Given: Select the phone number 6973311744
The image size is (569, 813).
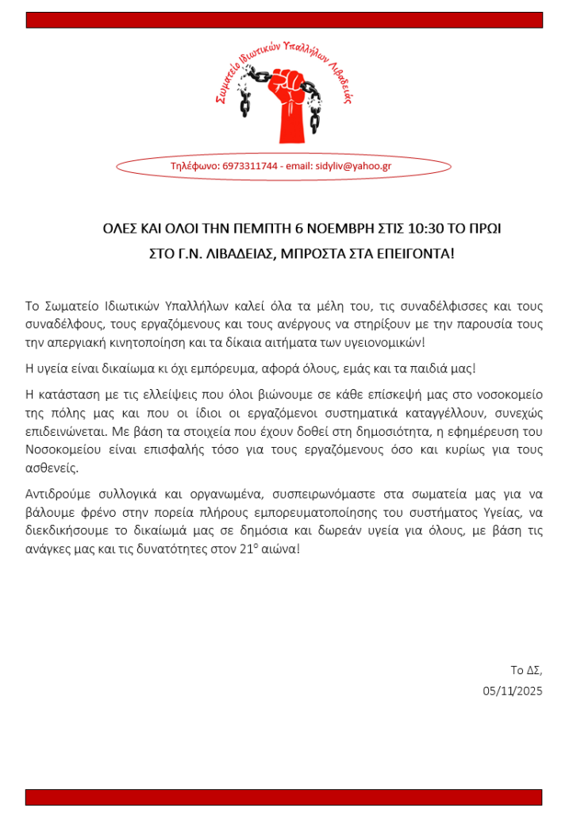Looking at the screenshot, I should click(250, 166).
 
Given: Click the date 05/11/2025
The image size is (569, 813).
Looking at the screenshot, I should click(513, 691).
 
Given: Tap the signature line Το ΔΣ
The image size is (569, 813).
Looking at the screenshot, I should click(526, 669).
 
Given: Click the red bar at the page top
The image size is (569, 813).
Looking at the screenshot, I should click(284, 20).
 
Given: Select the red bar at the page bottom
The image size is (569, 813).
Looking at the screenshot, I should click(284, 797).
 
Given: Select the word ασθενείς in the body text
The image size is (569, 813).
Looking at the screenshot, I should click(52, 468).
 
